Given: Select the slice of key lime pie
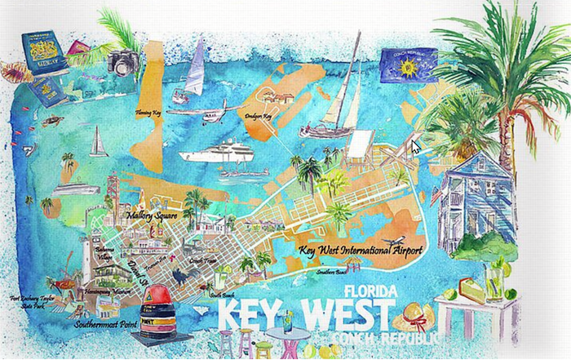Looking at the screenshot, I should (x=466, y=287).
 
